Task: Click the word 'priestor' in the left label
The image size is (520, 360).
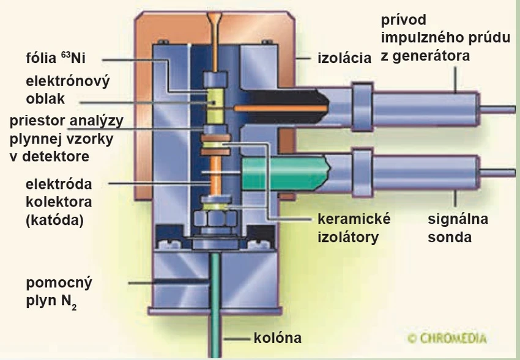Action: [37, 120]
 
